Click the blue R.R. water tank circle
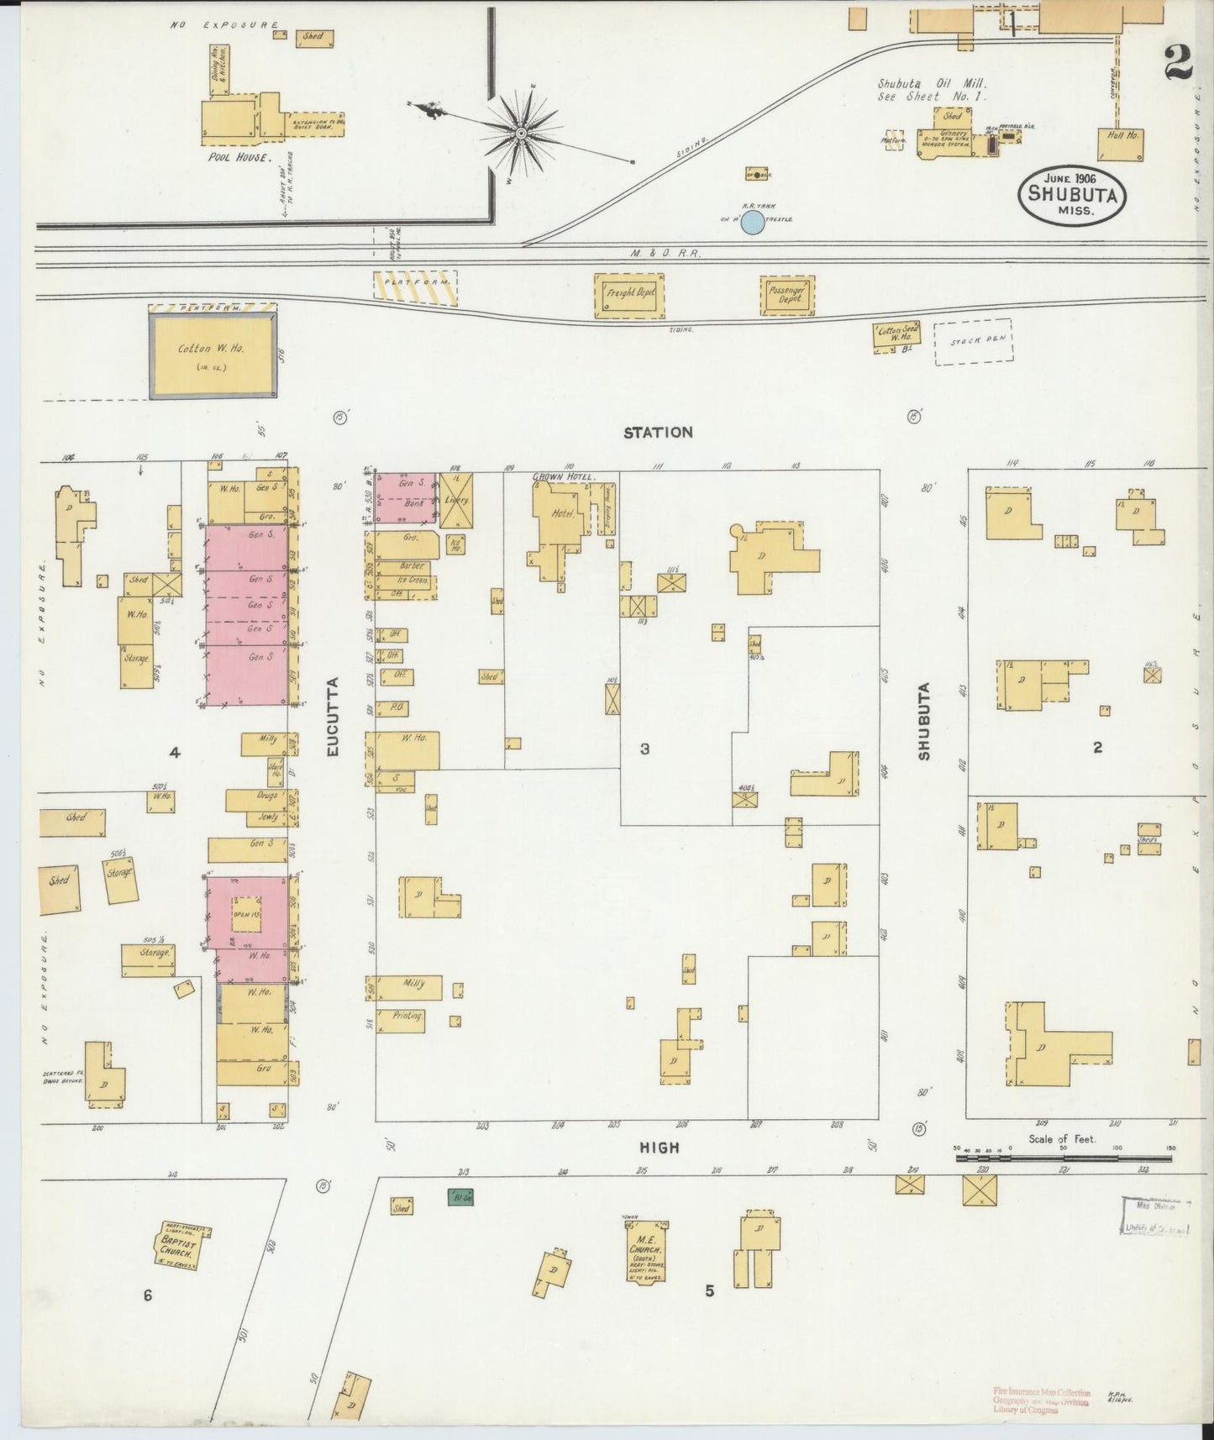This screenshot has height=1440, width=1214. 753,223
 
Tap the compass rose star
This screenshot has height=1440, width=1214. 521,133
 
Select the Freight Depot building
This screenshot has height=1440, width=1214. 630,295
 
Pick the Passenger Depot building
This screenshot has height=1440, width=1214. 787,295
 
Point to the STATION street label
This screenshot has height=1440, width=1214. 658,433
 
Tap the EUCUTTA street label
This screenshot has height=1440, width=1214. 332,717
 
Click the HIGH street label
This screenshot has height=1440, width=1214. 660,1148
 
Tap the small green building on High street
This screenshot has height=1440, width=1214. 460,1196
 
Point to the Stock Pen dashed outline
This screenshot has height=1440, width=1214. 974,342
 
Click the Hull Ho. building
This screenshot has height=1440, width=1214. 1121,145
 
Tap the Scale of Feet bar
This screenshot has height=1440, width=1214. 1063,1159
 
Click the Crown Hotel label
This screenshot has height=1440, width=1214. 563,476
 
